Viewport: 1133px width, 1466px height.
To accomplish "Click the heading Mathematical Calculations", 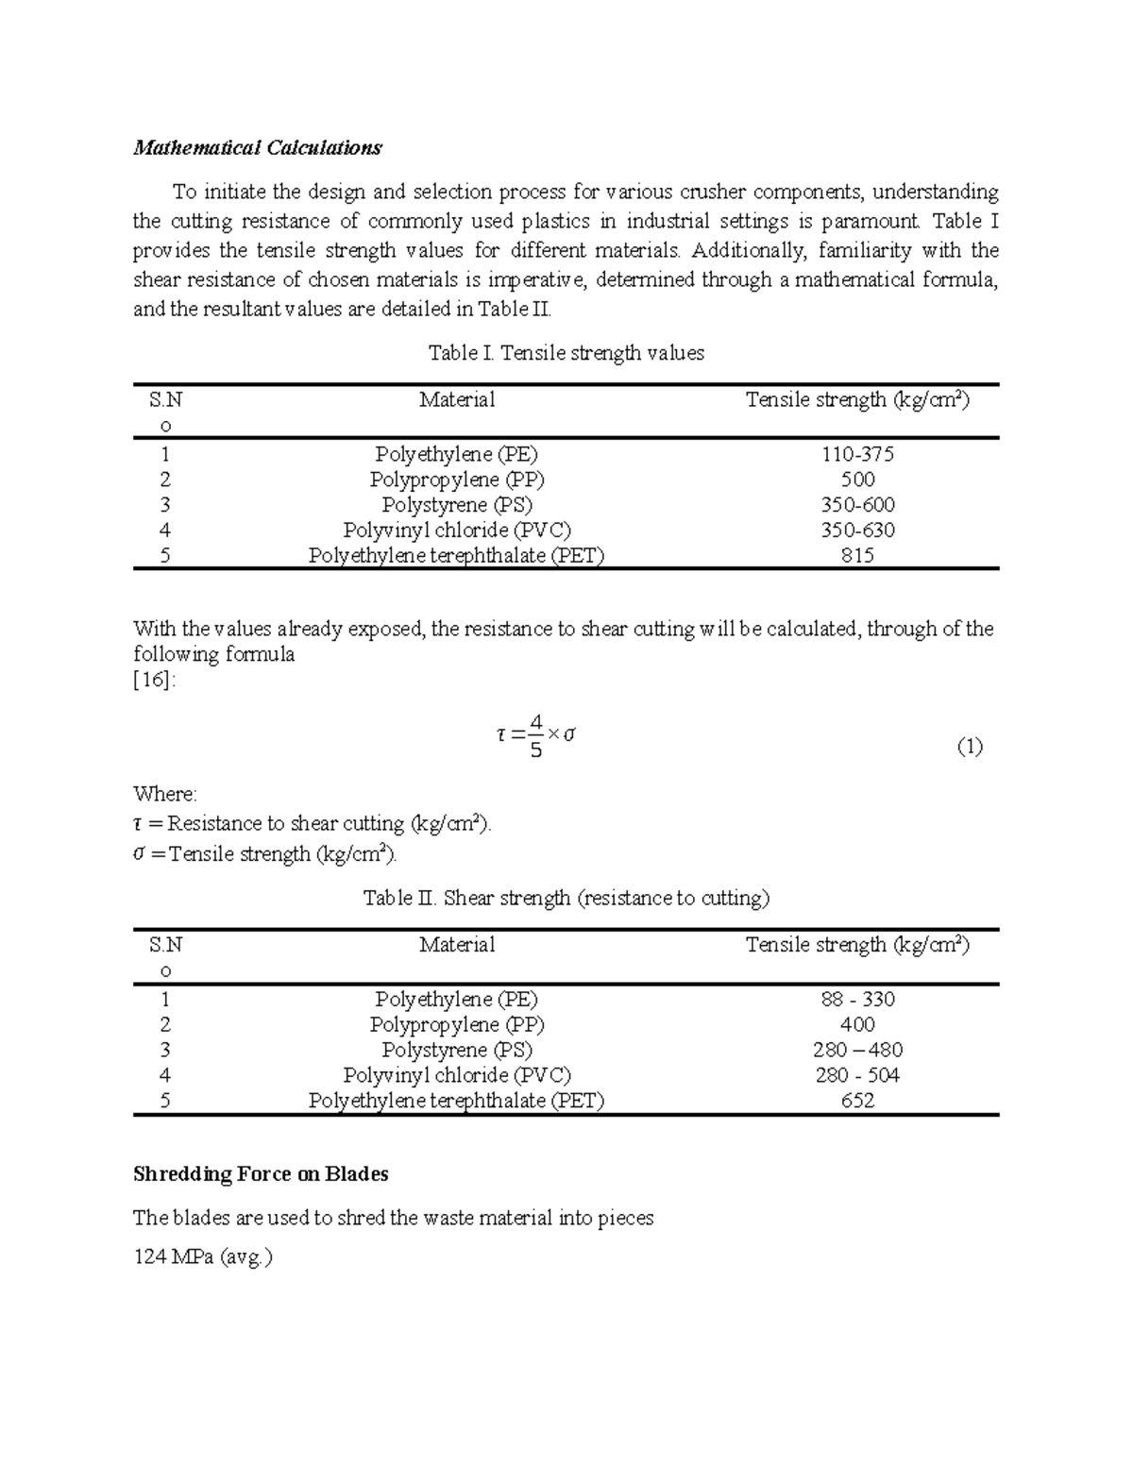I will pyautogui.click(x=257, y=148).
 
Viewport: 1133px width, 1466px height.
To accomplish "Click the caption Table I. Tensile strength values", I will pyautogui.click(x=566, y=353).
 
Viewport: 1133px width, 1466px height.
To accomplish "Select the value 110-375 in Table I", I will pyautogui.click(x=857, y=454).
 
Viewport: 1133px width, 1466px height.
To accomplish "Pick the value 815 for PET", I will pyautogui.click(x=857, y=556).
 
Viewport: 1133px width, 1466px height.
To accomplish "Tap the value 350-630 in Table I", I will pyautogui.click(x=857, y=531).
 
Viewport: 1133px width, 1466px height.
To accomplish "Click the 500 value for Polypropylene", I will pyautogui.click(x=857, y=480).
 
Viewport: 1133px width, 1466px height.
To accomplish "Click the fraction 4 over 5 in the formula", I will pyautogui.click(x=535, y=737).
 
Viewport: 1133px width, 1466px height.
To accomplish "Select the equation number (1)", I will pyautogui.click(x=970, y=748).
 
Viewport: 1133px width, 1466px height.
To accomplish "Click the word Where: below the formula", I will pyautogui.click(x=165, y=794).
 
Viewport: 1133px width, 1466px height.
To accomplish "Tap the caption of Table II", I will pyautogui.click(x=566, y=898).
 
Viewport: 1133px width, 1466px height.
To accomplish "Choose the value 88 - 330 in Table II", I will pyautogui.click(x=857, y=1000).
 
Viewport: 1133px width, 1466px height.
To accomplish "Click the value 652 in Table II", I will pyautogui.click(x=857, y=1101).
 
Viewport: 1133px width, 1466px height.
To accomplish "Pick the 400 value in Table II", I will pyautogui.click(x=857, y=1025).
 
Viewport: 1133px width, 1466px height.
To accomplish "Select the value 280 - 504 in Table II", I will pyautogui.click(x=857, y=1075).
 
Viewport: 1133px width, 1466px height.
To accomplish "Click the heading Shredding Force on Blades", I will pyautogui.click(x=261, y=1174).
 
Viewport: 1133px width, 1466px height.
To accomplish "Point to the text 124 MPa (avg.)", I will pyautogui.click(x=202, y=1257).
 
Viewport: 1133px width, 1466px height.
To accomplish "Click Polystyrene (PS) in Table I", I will pyautogui.click(x=457, y=505).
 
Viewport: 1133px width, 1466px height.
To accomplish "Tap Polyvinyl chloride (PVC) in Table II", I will pyautogui.click(x=457, y=1075).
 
